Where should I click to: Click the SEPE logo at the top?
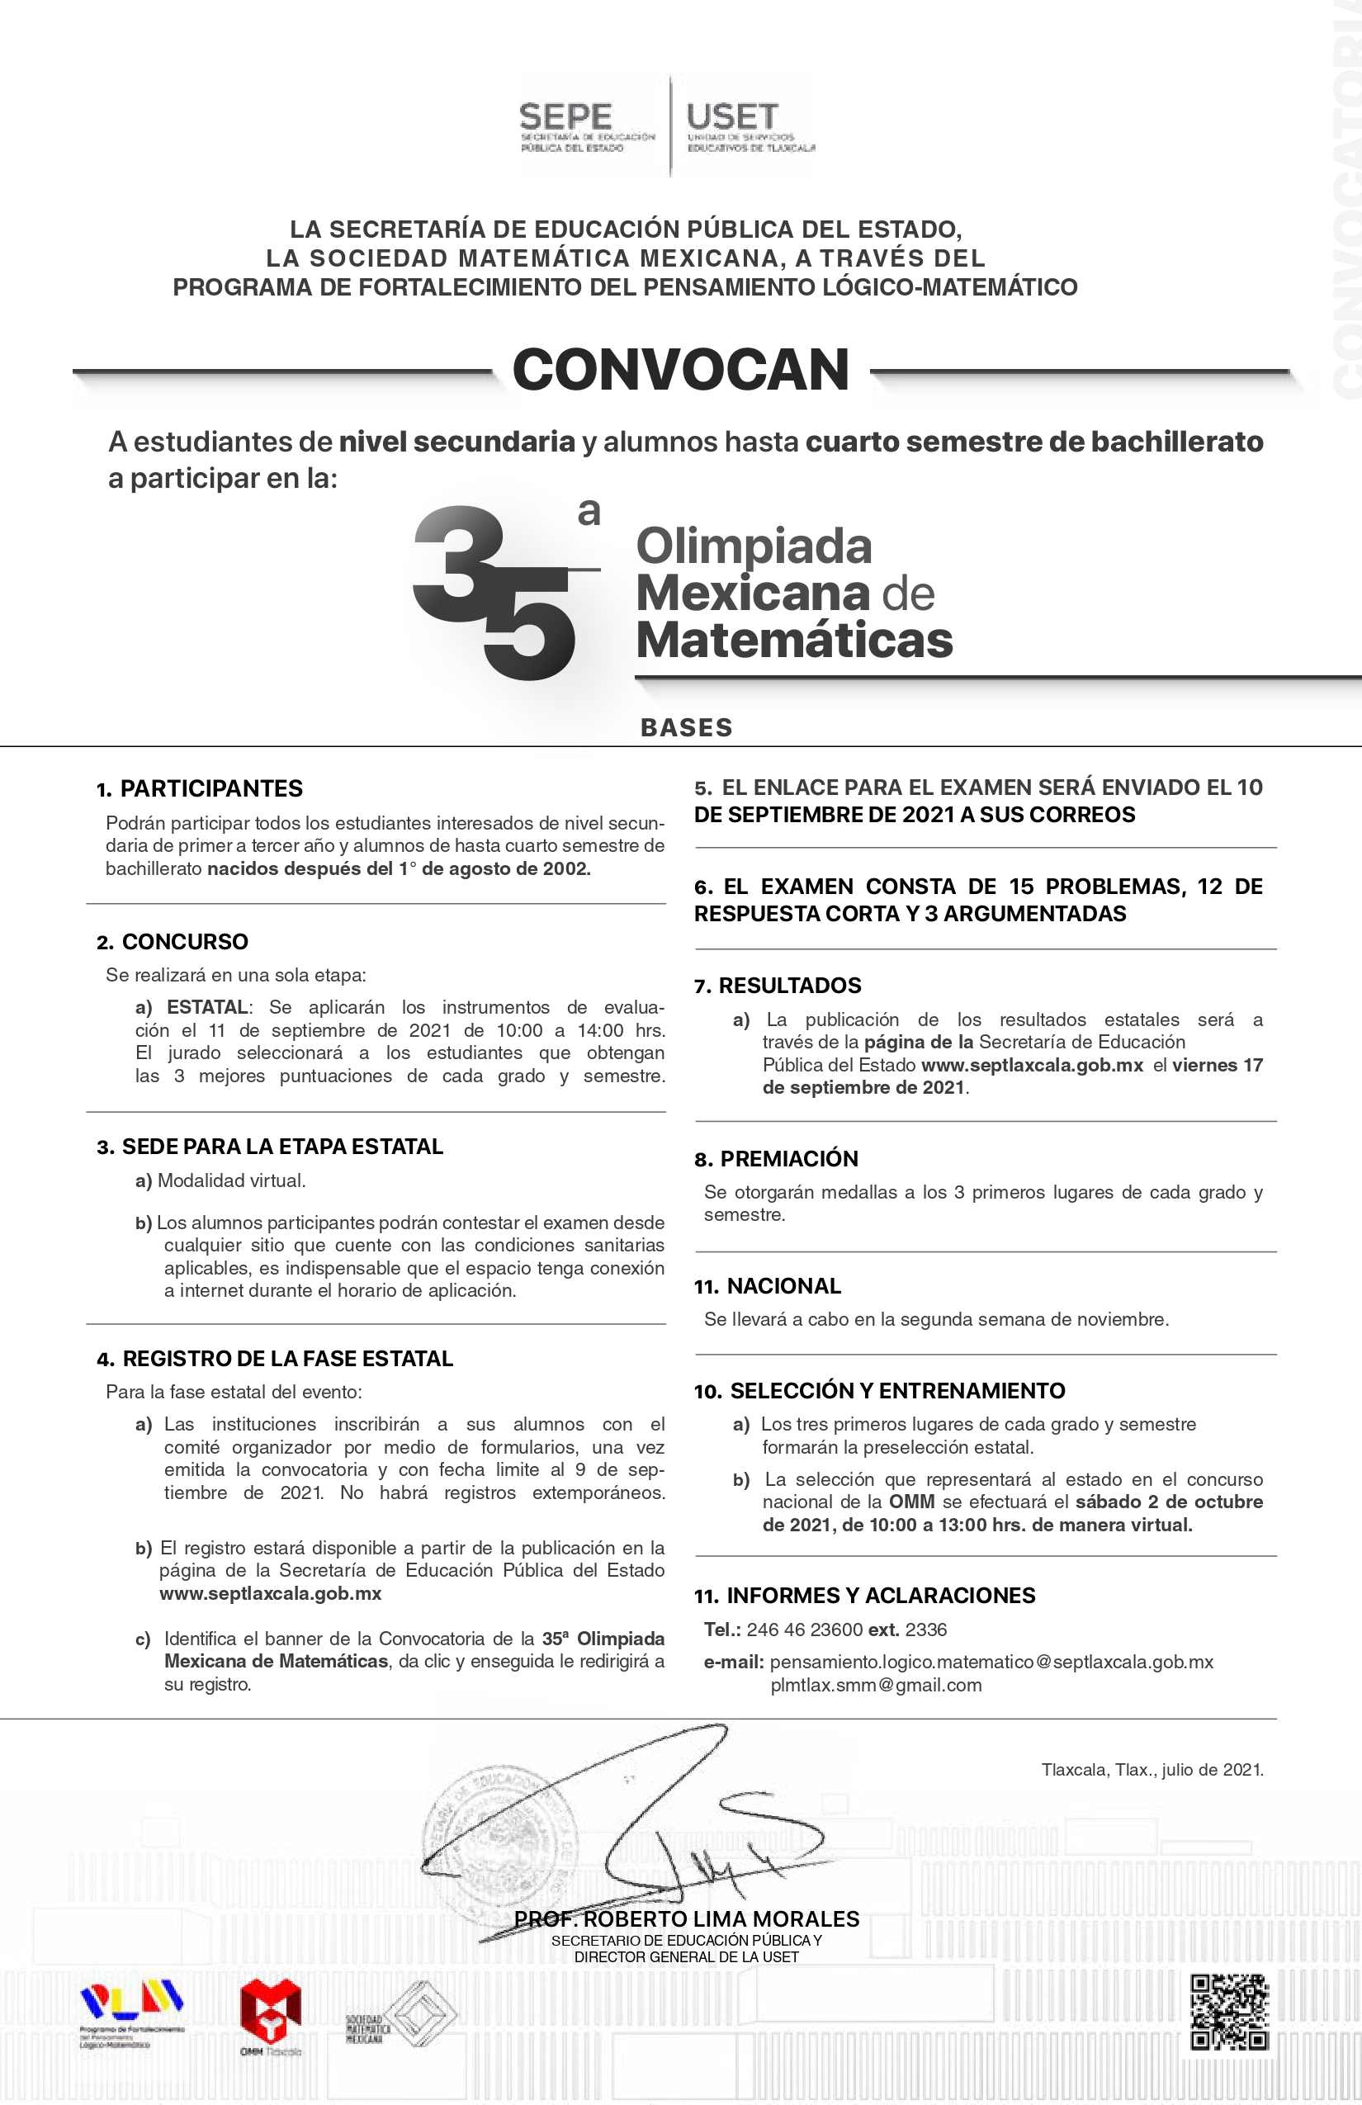click(x=586, y=126)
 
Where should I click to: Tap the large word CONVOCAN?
click(x=680, y=370)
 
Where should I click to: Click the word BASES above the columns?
click(x=686, y=728)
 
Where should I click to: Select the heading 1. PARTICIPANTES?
click(x=200, y=789)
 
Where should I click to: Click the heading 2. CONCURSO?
click(x=173, y=942)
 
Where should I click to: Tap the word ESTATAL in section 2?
click(x=207, y=1007)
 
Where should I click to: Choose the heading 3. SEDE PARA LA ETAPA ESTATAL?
click(x=270, y=1147)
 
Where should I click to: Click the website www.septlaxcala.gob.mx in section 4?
click(x=271, y=1594)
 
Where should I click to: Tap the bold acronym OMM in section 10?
click(x=911, y=1502)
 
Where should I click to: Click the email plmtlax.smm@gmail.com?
click(x=876, y=1686)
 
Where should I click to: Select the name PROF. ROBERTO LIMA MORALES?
click(x=687, y=1919)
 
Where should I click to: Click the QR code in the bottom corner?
click(x=1229, y=2013)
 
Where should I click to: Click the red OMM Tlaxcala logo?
click(x=271, y=2013)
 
